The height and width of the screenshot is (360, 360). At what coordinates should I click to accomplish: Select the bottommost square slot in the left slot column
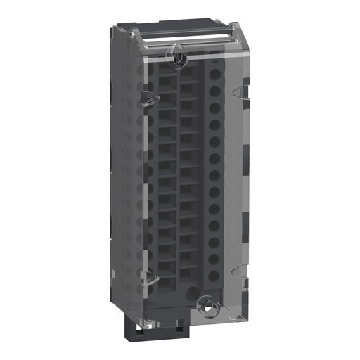pyautogui.click(x=167, y=281)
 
